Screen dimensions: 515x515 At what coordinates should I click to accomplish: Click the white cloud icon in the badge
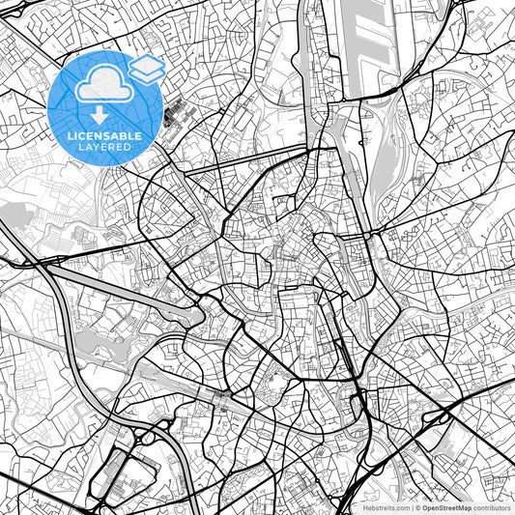coord(103,86)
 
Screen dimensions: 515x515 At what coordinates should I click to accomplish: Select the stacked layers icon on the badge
coord(147,67)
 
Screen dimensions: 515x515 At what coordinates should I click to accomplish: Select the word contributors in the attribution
coord(492,505)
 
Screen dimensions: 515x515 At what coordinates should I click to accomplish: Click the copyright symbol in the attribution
coord(417,505)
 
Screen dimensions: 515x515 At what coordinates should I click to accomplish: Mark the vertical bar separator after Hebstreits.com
coord(411,505)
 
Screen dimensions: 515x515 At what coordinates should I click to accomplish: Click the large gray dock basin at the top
coord(361,39)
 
